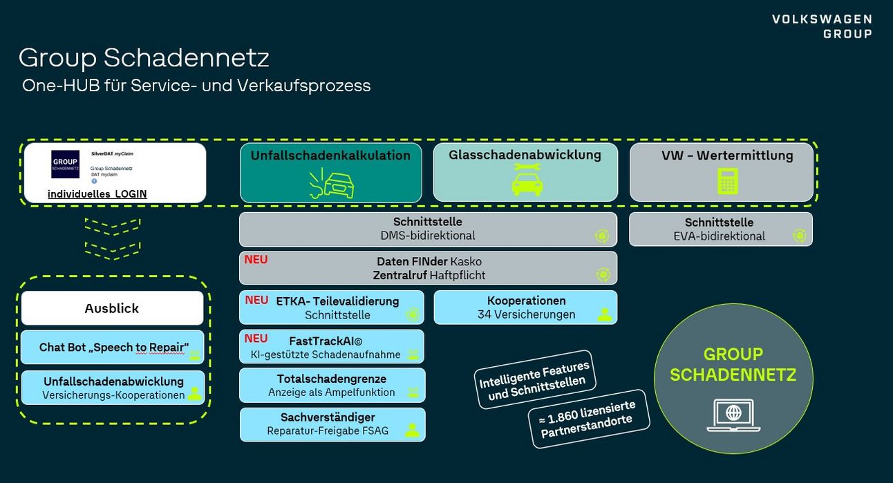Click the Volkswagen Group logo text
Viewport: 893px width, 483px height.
(x=822, y=26)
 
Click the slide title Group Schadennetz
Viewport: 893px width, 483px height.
(x=144, y=57)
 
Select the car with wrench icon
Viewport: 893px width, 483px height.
(x=527, y=182)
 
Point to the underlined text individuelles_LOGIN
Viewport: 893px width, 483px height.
(x=97, y=194)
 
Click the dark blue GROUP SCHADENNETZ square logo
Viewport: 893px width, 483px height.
(x=65, y=164)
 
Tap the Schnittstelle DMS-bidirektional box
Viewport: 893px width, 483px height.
(x=428, y=229)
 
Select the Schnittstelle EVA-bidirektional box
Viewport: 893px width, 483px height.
(x=720, y=229)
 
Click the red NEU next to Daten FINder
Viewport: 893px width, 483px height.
(x=256, y=260)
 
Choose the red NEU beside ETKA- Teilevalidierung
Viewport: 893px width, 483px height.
(x=256, y=300)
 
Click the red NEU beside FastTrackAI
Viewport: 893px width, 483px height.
(x=256, y=339)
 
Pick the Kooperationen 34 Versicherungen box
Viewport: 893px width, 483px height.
(x=525, y=307)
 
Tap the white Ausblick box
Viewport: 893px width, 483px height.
(x=112, y=308)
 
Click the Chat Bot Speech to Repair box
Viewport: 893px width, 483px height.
(x=113, y=348)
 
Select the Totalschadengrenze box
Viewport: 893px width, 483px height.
(x=332, y=386)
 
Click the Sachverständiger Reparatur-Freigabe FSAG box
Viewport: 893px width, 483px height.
(x=332, y=424)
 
